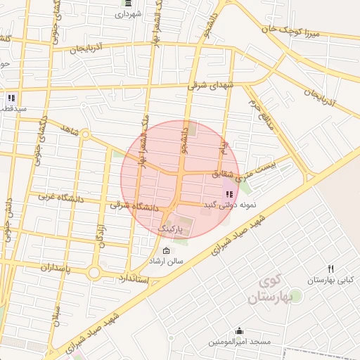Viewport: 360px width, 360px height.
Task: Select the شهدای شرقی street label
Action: point(210,84)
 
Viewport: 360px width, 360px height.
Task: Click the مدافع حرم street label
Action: point(259,110)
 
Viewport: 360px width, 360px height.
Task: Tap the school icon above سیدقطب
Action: point(11,98)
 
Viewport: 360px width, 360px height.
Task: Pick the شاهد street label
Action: point(68,131)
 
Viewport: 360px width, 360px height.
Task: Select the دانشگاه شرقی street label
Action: point(136,205)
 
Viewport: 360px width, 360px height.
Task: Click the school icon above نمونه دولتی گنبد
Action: point(229,194)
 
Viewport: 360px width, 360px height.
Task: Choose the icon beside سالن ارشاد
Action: point(166,251)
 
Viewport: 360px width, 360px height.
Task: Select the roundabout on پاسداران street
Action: point(94,273)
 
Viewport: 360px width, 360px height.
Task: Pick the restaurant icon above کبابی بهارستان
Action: point(331,269)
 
